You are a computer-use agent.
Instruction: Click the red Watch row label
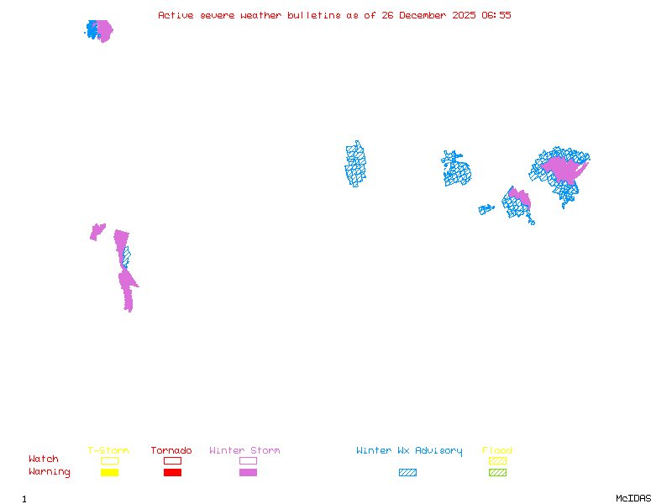pyautogui.click(x=44, y=459)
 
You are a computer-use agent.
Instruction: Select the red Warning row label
pyautogui.click(x=50, y=472)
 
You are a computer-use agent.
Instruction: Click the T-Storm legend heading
pyautogui.click(x=108, y=451)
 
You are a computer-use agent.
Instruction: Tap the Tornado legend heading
pyautogui.click(x=171, y=451)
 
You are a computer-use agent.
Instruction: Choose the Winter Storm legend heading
pyautogui.click(x=244, y=451)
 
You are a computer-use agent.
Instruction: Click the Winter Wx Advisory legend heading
pyautogui.click(x=409, y=451)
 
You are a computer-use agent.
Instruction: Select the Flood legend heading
pyautogui.click(x=497, y=451)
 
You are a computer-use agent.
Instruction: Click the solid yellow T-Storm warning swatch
pyautogui.click(x=109, y=473)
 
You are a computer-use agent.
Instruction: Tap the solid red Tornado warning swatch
pyautogui.click(x=172, y=473)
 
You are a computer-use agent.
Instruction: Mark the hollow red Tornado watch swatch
pyautogui.click(x=172, y=460)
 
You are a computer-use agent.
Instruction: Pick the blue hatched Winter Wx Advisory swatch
pyautogui.click(x=407, y=473)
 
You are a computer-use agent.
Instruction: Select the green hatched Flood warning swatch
pyautogui.click(x=497, y=473)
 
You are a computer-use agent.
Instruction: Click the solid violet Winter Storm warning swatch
pyautogui.click(x=248, y=473)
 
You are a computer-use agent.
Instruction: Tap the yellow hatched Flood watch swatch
pyautogui.click(x=497, y=460)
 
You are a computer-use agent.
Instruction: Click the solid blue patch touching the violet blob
pyautogui.click(x=91, y=29)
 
